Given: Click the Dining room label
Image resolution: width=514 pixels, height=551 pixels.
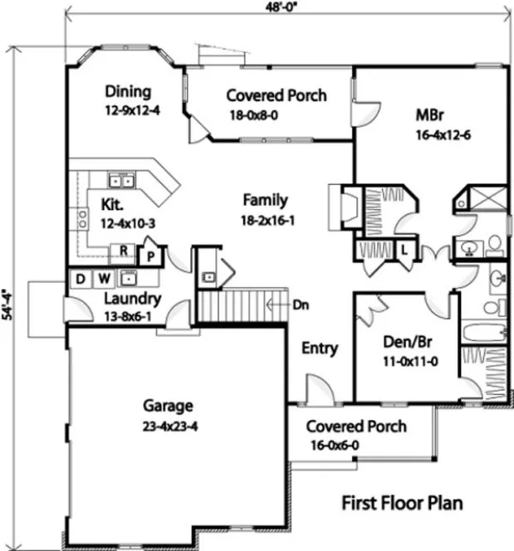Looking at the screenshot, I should pos(128,91).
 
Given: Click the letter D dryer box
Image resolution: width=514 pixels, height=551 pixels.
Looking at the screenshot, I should pos(80,278).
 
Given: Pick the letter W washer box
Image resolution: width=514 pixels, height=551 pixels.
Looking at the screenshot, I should pos(105,278).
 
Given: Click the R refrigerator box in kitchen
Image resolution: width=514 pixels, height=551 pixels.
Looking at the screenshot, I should pos(123,250).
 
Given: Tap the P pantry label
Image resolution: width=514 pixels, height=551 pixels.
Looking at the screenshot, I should pos(151,254).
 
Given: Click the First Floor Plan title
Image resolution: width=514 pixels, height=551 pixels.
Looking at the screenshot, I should pos(402,503).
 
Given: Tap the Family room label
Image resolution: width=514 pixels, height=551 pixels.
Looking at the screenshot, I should pos(265,200).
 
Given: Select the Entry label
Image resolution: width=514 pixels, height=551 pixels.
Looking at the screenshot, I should pos(319,349).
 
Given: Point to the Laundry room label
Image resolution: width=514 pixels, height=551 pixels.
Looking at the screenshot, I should pos(132,299).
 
